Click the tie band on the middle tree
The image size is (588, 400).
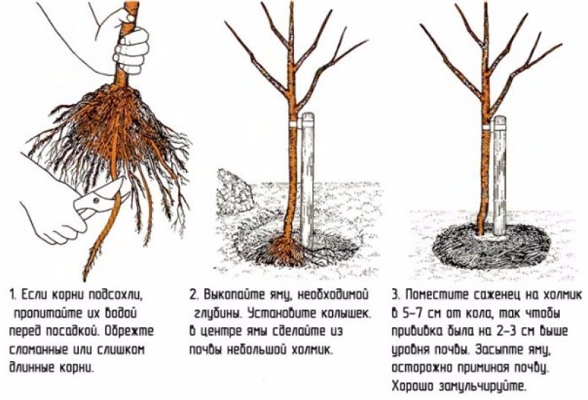click(x=289, y=123)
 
